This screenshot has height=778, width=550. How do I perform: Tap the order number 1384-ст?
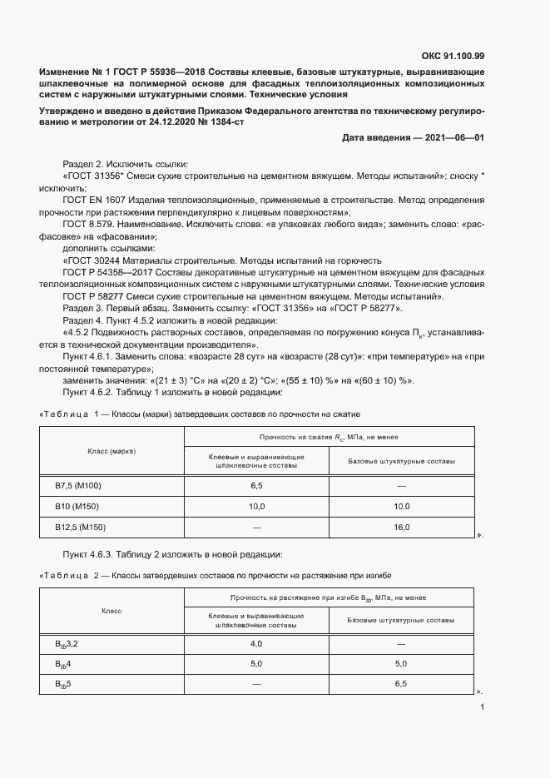[x=226, y=121]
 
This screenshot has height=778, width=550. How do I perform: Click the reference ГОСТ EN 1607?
[x=93, y=201]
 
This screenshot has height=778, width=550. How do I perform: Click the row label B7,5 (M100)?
[x=77, y=484]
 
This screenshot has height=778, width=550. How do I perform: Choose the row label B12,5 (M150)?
[x=80, y=528]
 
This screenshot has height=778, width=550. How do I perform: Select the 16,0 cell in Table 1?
[x=401, y=528]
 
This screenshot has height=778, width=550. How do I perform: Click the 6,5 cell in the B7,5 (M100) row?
[x=256, y=484]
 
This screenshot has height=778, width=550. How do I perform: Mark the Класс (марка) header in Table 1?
[x=111, y=450]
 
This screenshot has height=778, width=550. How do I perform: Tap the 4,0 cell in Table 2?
[x=256, y=644]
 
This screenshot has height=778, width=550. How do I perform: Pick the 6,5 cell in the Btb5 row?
[x=401, y=684]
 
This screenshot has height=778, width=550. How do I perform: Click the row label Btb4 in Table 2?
[x=63, y=664]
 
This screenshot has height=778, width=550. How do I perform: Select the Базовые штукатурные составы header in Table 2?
[x=401, y=621]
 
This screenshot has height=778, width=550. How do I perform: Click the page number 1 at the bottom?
[x=483, y=708]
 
